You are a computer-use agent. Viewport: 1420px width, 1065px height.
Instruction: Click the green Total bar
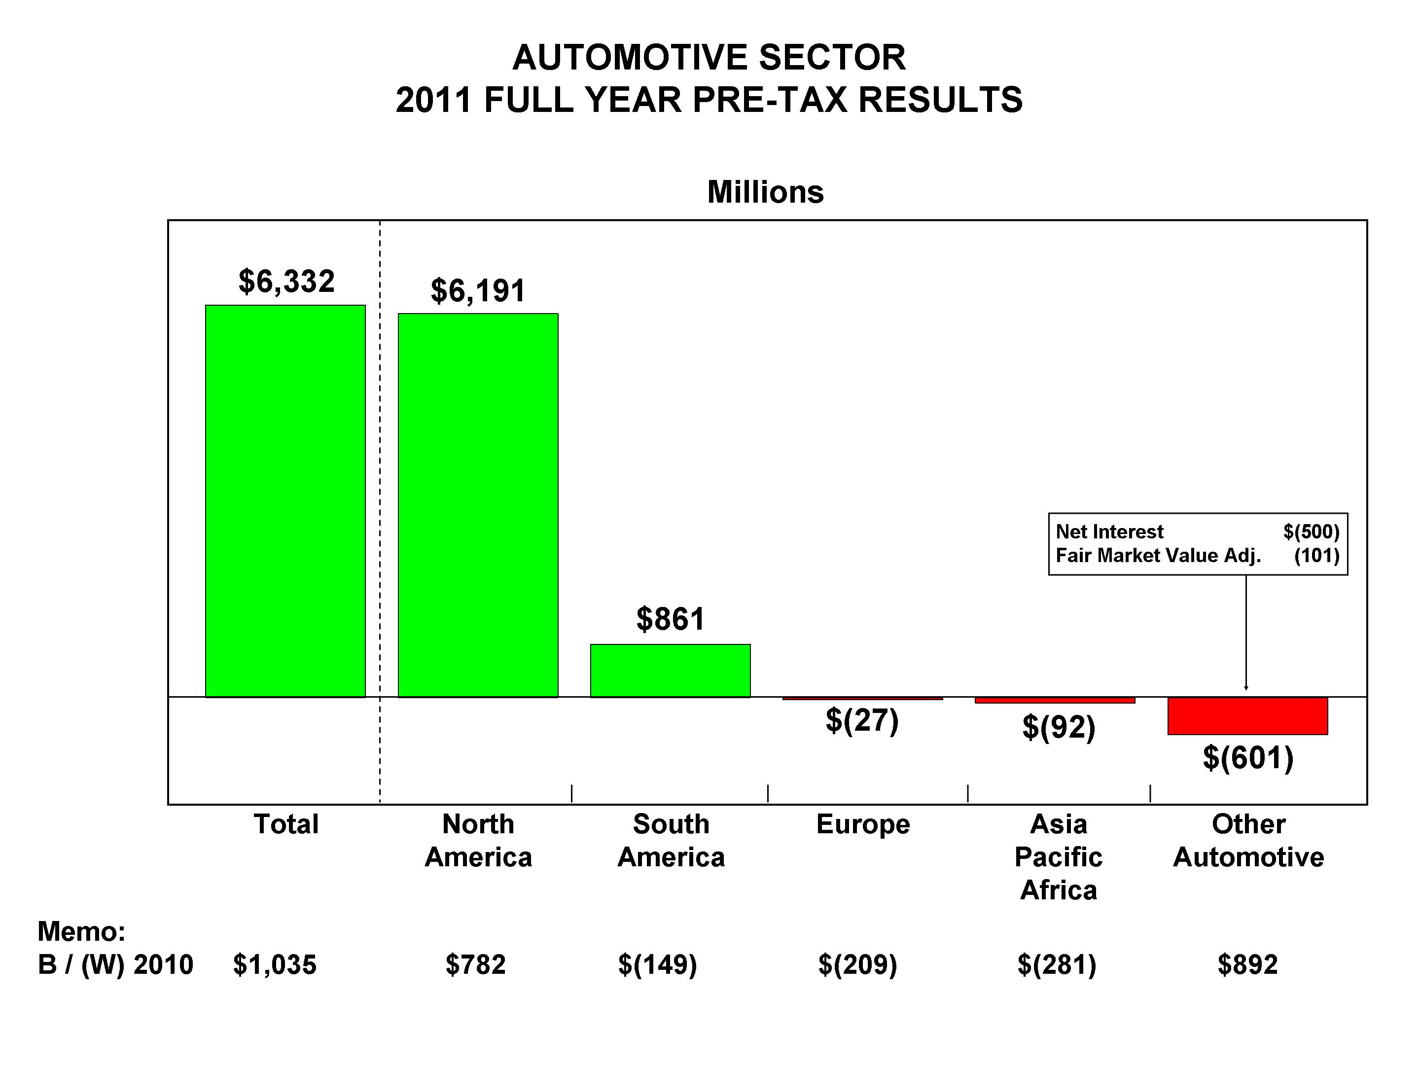pyautogui.click(x=285, y=501)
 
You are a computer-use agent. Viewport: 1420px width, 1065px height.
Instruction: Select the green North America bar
pyautogui.click(x=478, y=505)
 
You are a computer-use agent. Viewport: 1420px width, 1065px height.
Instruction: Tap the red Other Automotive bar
pyautogui.click(x=1247, y=716)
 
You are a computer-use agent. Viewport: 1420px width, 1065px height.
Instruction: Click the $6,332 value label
pyautogui.click(x=286, y=281)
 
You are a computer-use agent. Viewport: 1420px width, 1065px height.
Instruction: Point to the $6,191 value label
pyautogui.click(x=478, y=290)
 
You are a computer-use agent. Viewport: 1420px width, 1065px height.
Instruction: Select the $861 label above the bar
pyautogui.click(x=670, y=619)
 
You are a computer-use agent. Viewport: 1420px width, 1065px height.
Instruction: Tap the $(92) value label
pyautogui.click(x=1059, y=727)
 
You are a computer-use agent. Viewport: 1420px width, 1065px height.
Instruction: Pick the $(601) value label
pyautogui.click(x=1247, y=757)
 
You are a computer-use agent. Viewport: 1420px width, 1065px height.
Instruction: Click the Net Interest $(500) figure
pyautogui.click(x=1311, y=532)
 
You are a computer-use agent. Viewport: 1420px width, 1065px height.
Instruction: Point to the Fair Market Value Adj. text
pyautogui.click(x=1158, y=555)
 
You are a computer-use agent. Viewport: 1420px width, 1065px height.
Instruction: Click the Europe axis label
pyautogui.click(x=863, y=824)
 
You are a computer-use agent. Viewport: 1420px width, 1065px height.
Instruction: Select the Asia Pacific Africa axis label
pyautogui.click(x=1059, y=857)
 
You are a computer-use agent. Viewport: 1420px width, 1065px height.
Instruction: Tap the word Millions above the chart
pyautogui.click(x=765, y=192)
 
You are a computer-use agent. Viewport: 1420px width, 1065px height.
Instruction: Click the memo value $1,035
pyautogui.click(x=275, y=964)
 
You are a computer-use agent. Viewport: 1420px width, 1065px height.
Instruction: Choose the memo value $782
pyautogui.click(x=476, y=964)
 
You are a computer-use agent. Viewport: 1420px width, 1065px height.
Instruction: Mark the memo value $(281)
pyautogui.click(x=1057, y=964)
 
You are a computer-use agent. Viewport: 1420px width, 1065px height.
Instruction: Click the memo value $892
pyautogui.click(x=1247, y=964)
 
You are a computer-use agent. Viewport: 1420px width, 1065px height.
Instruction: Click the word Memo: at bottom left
pyautogui.click(x=81, y=931)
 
